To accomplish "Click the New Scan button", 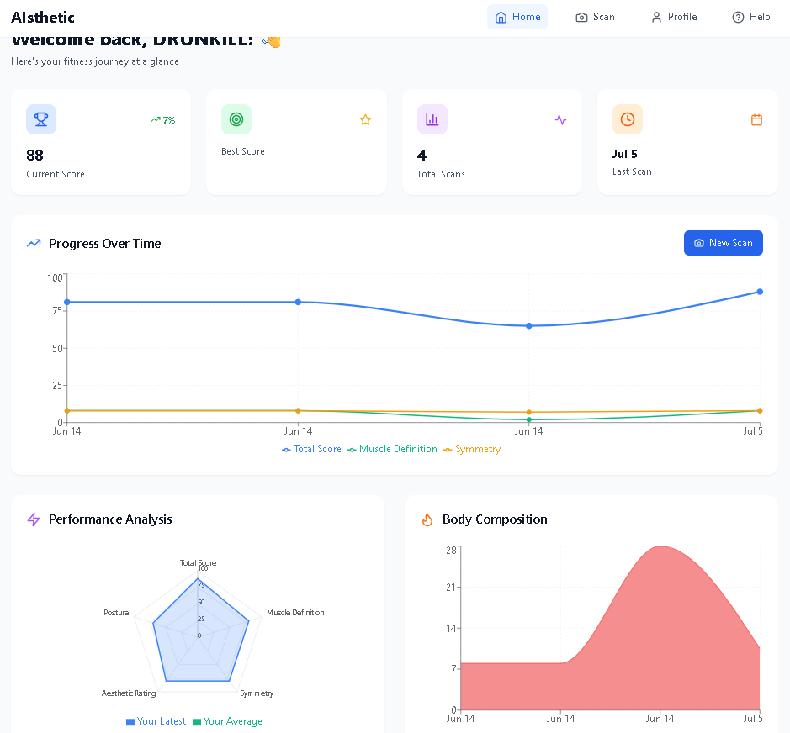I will click(723, 243).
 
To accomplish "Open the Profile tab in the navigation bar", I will click(673, 17).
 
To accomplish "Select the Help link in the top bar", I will click(750, 17).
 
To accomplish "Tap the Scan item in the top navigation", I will click(595, 17).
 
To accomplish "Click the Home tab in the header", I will click(517, 17).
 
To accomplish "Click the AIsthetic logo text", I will click(43, 17).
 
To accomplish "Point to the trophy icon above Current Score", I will click(41, 119).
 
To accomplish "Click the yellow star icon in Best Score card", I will click(365, 119).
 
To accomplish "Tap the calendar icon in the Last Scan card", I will click(756, 119).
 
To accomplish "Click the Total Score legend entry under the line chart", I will click(312, 449).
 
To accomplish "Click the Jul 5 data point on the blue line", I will click(760, 292).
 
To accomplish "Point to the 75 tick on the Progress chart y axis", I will click(57, 311).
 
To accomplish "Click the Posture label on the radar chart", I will click(116, 613).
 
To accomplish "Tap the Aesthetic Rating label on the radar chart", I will click(129, 693).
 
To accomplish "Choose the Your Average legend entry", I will click(228, 721).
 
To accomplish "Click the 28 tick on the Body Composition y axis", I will click(451, 551).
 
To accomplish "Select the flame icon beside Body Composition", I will click(427, 519).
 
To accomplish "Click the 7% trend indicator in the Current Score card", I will click(163, 120).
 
